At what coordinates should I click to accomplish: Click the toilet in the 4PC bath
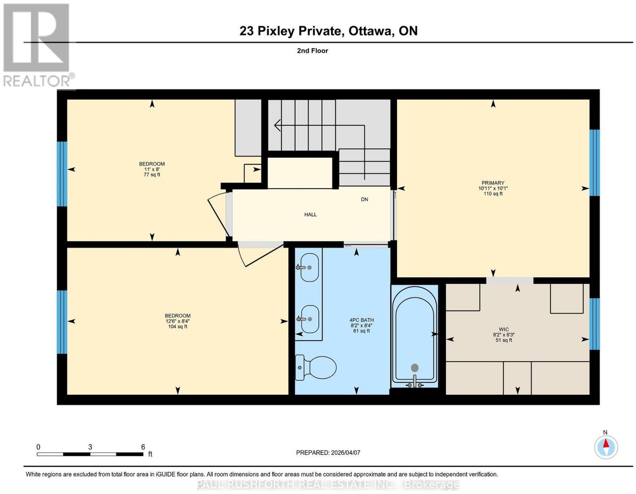316,367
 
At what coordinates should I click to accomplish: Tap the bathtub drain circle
415,368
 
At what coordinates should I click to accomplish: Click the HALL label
310,215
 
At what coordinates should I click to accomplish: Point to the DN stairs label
365,200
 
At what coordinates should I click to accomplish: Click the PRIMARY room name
493,183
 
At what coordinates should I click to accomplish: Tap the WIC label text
504,329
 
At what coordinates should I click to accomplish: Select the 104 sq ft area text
178,326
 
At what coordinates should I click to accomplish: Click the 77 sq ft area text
152,174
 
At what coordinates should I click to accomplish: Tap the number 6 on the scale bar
143,447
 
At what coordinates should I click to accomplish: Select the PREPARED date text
328,453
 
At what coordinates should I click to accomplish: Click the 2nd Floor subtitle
312,50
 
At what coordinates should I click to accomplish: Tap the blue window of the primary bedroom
594,163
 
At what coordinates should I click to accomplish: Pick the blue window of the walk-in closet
594,324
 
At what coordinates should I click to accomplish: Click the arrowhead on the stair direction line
277,126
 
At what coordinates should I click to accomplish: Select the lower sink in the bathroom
308,319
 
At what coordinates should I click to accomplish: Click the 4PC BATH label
361,320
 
